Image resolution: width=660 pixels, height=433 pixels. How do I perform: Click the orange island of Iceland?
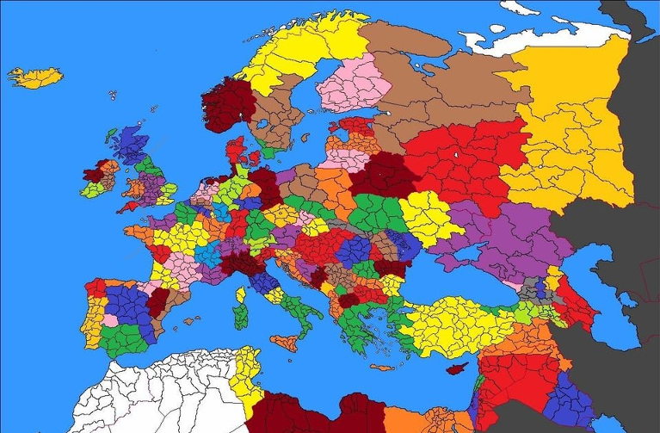pyautogui.click(x=36, y=77)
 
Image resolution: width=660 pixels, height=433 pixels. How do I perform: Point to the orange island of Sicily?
pyautogui.click(x=284, y=341)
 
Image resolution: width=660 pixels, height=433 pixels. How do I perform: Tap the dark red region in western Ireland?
pyautogui.click(x=93, y=175)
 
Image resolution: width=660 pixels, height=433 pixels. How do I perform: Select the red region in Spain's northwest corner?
pyautogui.click(x=95, y=286)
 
